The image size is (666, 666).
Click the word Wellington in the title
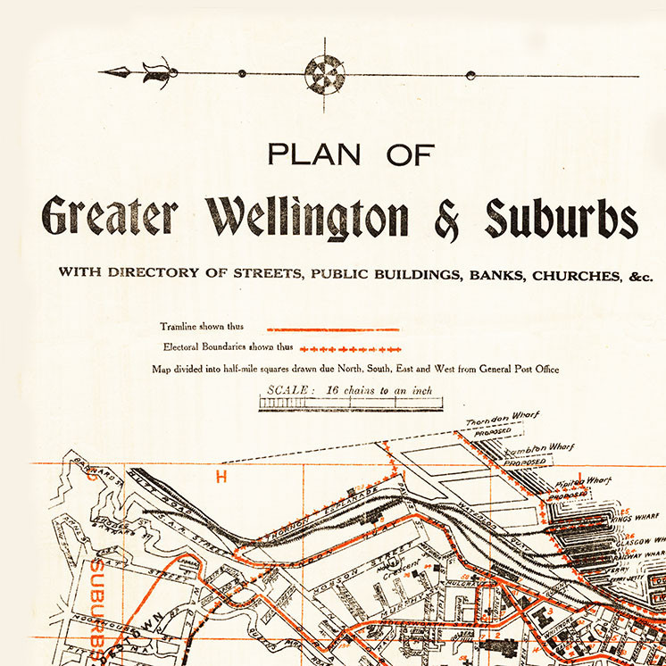point(308,217)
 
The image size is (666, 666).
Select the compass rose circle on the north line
point(323,74)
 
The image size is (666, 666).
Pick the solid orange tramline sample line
point(333,329)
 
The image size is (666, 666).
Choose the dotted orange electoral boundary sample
point(351,347)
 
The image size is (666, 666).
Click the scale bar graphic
point(352,404)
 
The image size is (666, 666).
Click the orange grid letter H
point(222,477)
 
